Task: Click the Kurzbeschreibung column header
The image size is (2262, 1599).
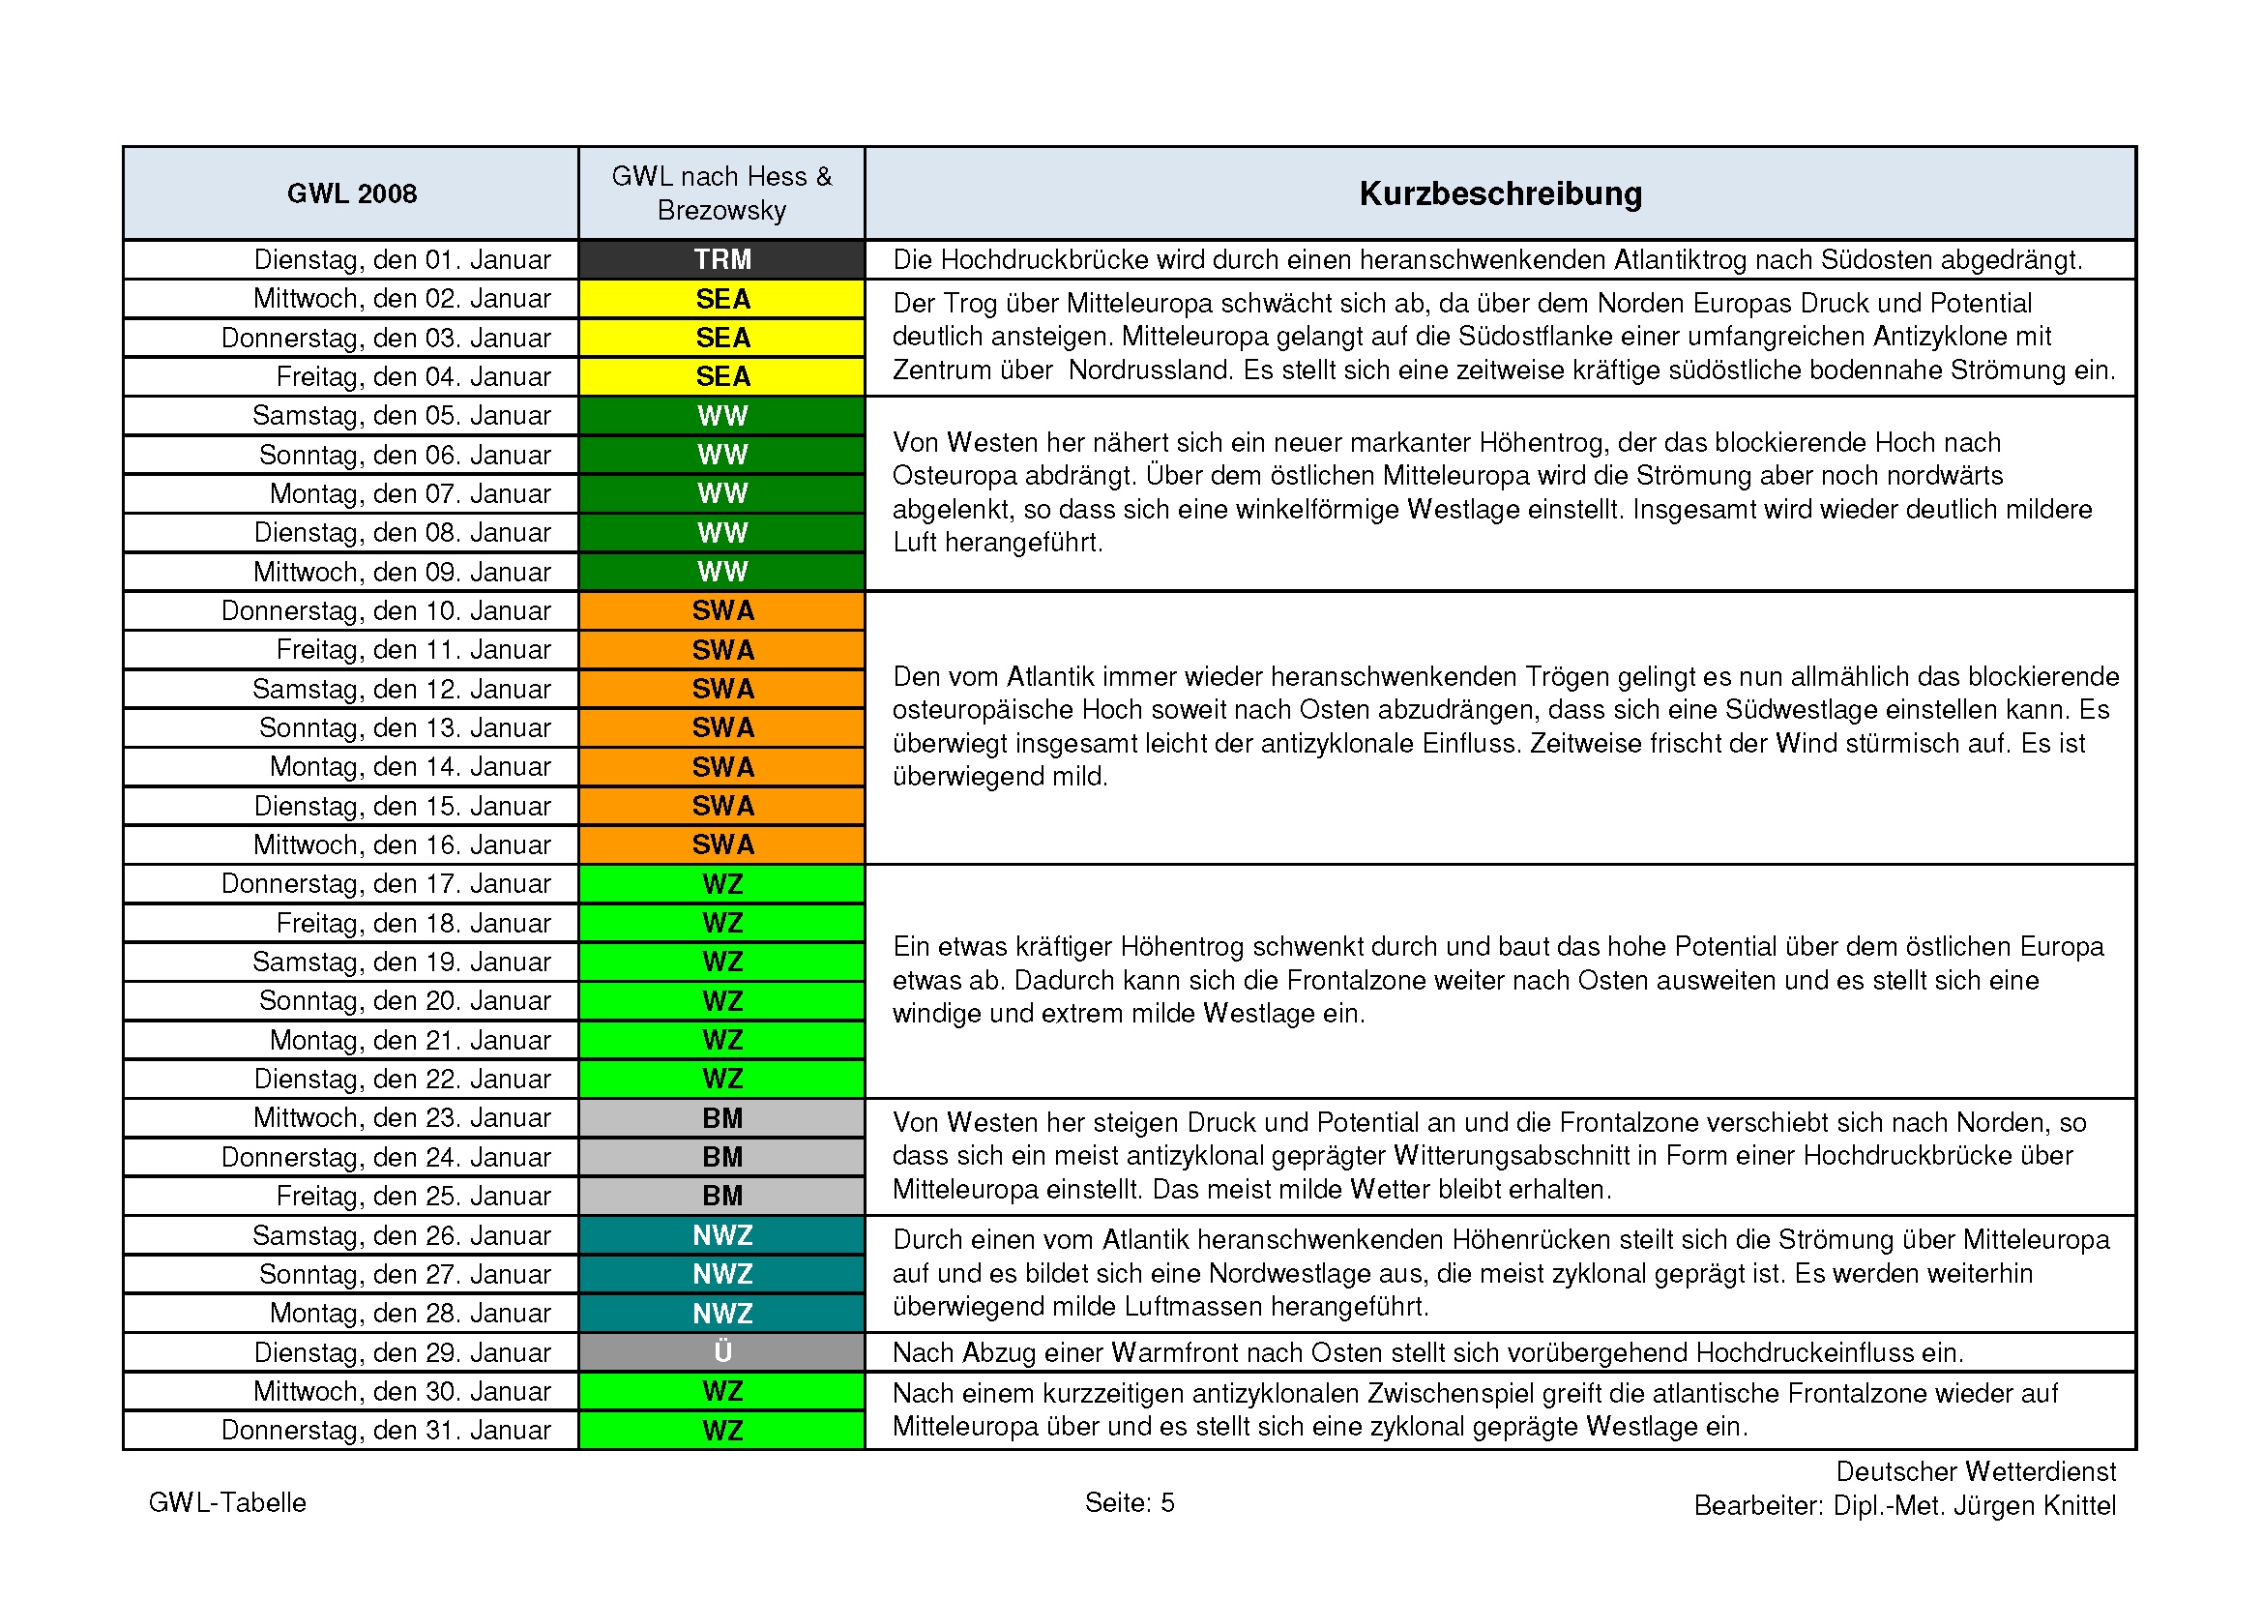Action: pyautogui.click(x=1500, y=193)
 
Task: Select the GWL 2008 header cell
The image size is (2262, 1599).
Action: pyautogui.click(x=352, y=193)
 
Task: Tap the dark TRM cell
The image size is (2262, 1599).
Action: pyautogui.click(x=722, y=259)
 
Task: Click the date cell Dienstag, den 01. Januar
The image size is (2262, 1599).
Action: pyautogui.click(x=402, y=259)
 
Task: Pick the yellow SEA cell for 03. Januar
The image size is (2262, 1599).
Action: pyautogui.click(x=722, y=338)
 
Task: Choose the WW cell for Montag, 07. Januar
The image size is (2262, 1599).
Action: pyautogui.click(x=722, y=493)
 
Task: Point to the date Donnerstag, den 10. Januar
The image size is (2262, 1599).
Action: pyautogui.click(x=385, y=610)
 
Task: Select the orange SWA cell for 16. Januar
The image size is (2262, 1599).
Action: pyautogui.click(x=722, y=844)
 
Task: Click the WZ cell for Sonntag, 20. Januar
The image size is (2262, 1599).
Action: pyautogui.click(x=722, y=1001)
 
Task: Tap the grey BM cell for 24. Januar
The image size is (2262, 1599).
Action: pyautogui.click(x=722, y=1157)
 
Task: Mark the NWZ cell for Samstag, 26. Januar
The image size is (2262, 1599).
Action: pyautogui.click(x=722, y=1234)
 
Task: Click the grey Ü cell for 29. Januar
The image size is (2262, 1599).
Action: pyautogui.click(x=722, y=1351)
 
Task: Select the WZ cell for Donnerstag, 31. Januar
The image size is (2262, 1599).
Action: pyautogui.click(x=722, y=1430)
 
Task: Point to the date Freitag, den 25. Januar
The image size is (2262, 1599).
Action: pyautogui.click(x=413, y=1196)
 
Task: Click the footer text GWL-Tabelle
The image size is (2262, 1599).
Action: pyautogui.click(x=226, y=1502)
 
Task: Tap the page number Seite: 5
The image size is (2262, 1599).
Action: pyautogui.click(x=1129, y=1502)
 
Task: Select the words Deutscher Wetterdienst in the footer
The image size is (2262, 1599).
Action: pyautogui.click(x=1976, y=1472)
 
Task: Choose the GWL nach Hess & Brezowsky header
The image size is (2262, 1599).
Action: pyautogui.click(x=722, y=193)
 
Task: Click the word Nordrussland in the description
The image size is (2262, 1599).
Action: pyautogui.click(x=1148, y=370)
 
